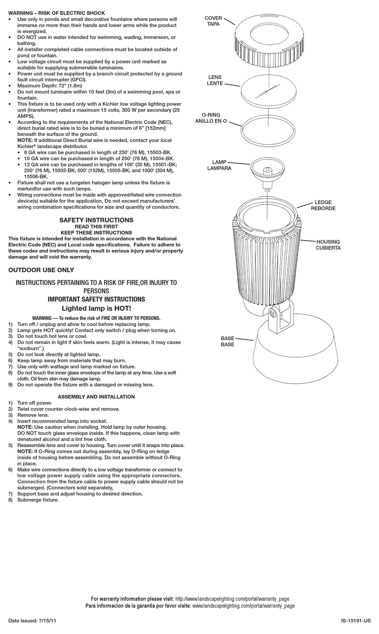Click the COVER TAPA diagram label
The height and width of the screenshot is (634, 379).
[x=213, y=21]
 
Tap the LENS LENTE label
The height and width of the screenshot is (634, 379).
[x=214, y=80]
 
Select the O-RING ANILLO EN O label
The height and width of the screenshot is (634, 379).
[x=211, y=118]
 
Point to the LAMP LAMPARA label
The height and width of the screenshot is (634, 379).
[x=219, y=165]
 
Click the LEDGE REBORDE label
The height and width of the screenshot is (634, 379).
[x=323, y=206]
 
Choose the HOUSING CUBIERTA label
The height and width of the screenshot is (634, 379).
[x=328, y=245]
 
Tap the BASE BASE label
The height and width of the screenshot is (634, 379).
[x=227, y=342]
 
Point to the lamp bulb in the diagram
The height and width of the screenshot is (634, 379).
[x=267, y=169]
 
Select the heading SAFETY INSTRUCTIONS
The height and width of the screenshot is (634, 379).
[x=96, y=220]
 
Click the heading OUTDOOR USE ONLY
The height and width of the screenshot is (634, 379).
[x=41, y=270]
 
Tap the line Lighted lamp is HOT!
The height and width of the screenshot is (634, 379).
[x=96, y=308]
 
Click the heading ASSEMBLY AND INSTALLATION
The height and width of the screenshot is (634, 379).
[x=96, y=397]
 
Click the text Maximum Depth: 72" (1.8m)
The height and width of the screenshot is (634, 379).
[x=50, y=86]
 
